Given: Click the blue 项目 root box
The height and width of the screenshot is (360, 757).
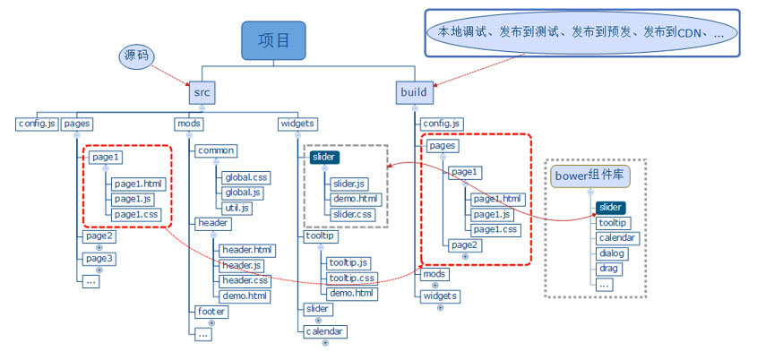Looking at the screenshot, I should coord(273,41).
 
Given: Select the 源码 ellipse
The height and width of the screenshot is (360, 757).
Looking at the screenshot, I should coord(136,56).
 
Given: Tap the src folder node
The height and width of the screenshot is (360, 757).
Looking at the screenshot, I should coord(202,92).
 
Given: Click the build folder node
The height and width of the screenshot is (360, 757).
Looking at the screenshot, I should coord(415,92).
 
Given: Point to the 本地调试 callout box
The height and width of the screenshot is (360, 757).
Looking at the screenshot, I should coord(581,31).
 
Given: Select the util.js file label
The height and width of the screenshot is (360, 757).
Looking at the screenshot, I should coord(237,208).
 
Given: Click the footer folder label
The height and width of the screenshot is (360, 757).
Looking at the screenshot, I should coord(211,312).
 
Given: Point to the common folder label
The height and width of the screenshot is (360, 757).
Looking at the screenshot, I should coord(216,151).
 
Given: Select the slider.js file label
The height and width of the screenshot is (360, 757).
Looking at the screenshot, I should coord(349,184).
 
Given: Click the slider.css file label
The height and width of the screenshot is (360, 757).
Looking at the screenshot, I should coord(352,214).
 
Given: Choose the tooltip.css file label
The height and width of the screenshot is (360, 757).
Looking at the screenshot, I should coord(350,278).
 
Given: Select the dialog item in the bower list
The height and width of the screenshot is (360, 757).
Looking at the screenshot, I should coord(613,253).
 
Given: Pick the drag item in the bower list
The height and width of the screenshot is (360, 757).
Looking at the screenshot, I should coord(608,269).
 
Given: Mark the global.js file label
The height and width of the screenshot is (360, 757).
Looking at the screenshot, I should coord(243,193).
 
